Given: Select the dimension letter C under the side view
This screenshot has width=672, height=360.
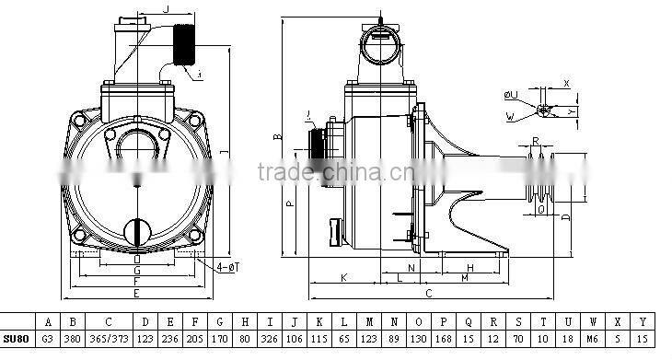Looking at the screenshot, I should [x=428, y=293].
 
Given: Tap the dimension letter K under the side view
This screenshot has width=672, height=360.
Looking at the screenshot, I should [x=344, y=275].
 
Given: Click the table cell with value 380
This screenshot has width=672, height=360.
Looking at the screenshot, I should [x=72, y=337].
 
